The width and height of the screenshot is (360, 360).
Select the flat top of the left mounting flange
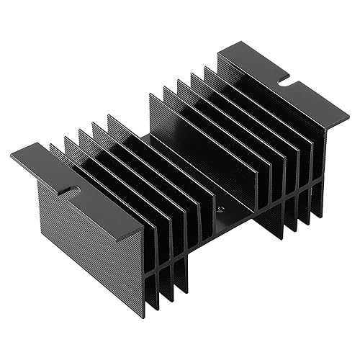click(x=79, y=189)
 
